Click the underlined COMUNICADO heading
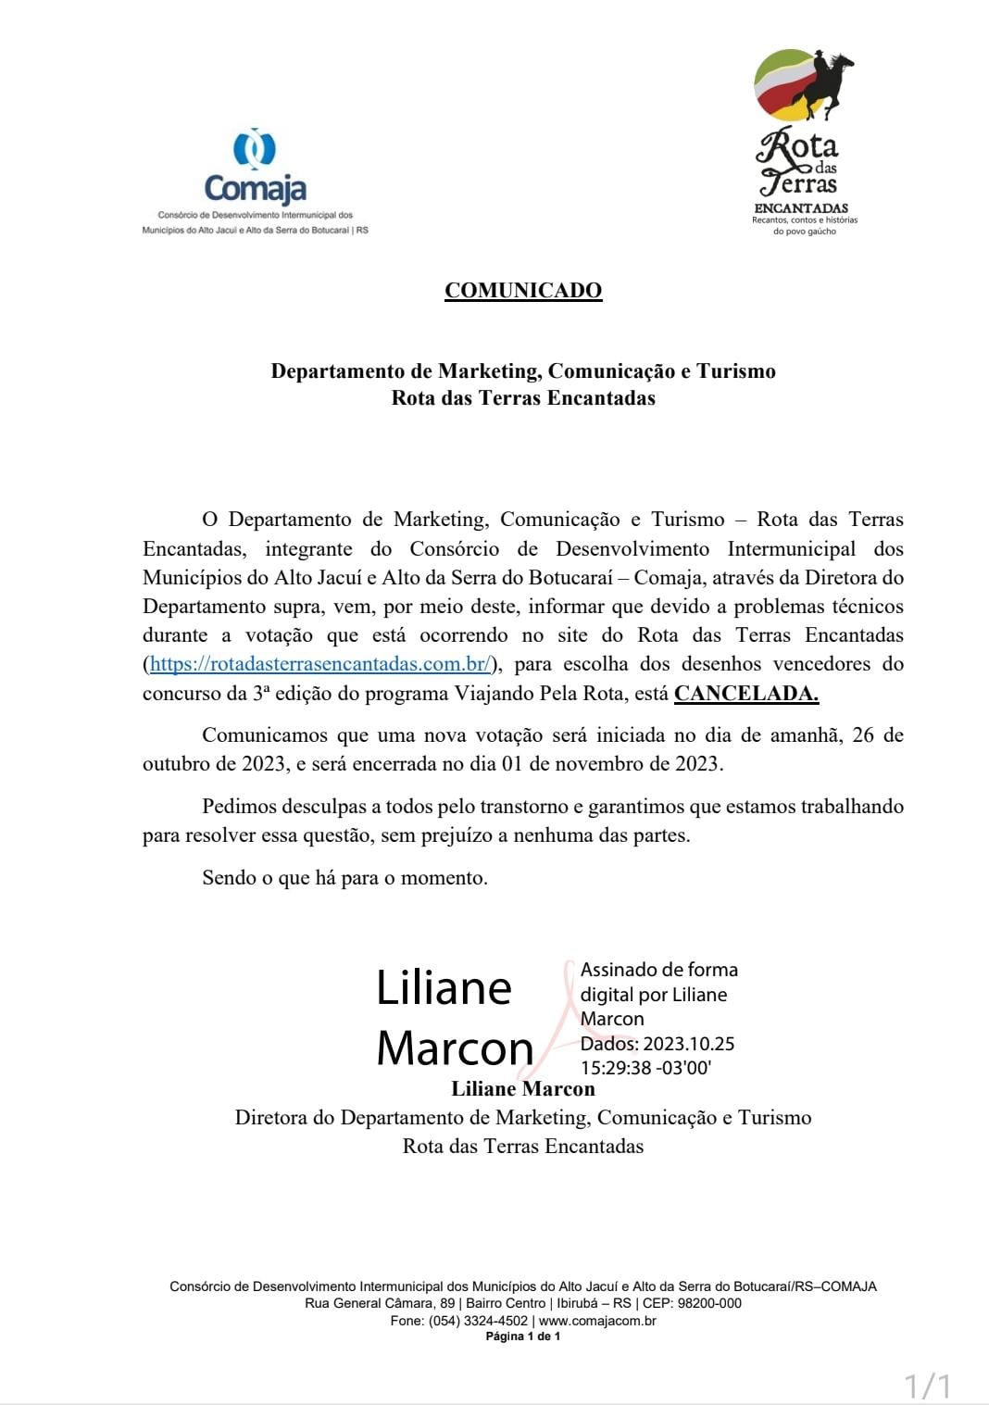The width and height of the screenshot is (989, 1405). pos(523,290)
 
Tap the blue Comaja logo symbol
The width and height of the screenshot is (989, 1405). pos(254,149)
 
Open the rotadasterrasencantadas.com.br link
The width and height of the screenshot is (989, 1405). pos(319,664)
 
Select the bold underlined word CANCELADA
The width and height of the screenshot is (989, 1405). pos(745,694)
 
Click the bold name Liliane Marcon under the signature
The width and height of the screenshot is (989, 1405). pos(523,1089)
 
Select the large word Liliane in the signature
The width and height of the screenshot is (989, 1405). pos(444,988)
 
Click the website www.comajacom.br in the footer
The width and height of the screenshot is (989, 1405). pos(597,1321)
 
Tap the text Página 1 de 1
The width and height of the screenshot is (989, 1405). pos(523,1336)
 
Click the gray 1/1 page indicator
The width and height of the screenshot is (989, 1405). pos(927,1386)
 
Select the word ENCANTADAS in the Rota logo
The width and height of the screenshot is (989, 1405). pos(801,208)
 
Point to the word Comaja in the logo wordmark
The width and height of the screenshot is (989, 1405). pos(255,189)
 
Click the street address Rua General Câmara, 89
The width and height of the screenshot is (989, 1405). pos(380,1303)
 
